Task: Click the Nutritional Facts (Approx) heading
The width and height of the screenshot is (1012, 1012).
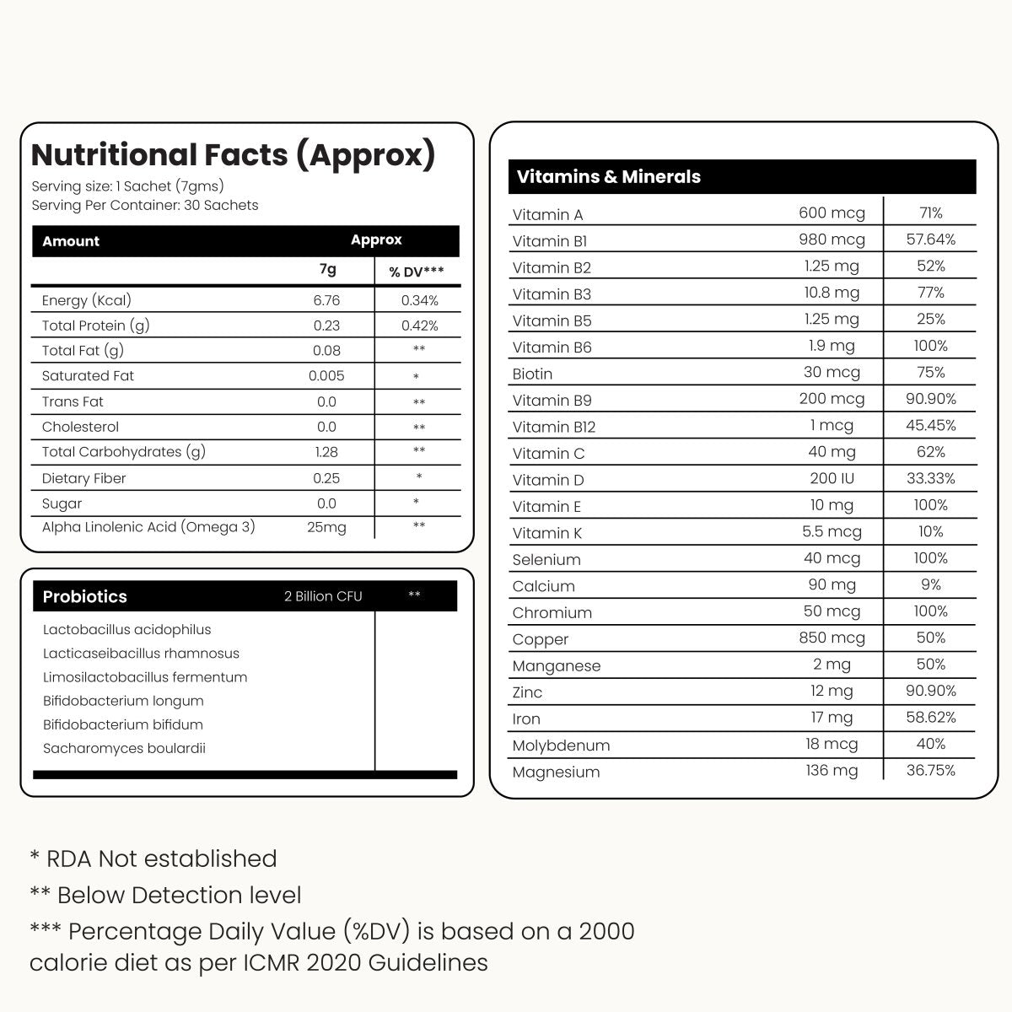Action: [x=233, y=155]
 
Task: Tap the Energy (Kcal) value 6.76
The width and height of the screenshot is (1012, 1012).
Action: [x=326, y=300]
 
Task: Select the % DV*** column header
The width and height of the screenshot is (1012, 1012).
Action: [x=417, y=272]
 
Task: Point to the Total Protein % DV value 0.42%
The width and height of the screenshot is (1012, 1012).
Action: [x=419, y=326]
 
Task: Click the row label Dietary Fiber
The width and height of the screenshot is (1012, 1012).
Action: [x=83, y=478]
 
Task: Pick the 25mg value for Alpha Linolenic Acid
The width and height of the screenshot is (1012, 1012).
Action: [x=326, y=527]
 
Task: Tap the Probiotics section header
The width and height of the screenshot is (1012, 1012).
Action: [x=84, y=596]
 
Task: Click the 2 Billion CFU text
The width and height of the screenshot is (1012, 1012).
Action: [x=323, y=596]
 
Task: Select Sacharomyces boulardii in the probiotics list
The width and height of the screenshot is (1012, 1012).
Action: [x=124, y=748]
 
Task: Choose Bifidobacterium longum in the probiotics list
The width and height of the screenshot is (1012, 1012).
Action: [x=123, y=701]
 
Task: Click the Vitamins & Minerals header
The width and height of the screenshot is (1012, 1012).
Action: [x=608, y=177]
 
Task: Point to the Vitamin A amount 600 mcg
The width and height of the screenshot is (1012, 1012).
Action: [x=832, y=213]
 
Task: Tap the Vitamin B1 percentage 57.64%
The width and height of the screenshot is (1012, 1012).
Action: [x=931, y=240]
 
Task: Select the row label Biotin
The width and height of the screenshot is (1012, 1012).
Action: [x=532, y=374]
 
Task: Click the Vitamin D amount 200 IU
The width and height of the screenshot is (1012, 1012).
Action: [x=832, y=479]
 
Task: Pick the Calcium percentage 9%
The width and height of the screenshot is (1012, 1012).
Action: [x=931, y=584]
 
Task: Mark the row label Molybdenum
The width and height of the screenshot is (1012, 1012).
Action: [x=561, y=746]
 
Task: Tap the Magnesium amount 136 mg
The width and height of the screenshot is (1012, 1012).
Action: [x=832, y=771]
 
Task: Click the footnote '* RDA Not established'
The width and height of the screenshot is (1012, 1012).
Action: [x=153, y=859]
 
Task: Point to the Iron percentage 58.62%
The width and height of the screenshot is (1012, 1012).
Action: [x=931, y=718]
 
